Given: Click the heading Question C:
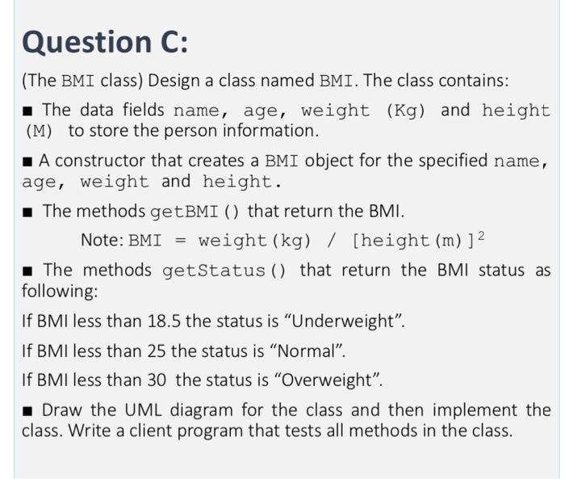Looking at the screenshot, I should [x=105, y=41].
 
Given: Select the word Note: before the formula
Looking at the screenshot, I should [x=103, y=240].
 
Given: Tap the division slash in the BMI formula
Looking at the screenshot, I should [x=332, y=240].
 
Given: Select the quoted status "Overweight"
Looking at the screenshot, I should [x=335, y=380].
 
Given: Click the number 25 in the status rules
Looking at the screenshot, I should [x=158, y=350].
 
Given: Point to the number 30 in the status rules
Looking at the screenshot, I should [x=158, y=380].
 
